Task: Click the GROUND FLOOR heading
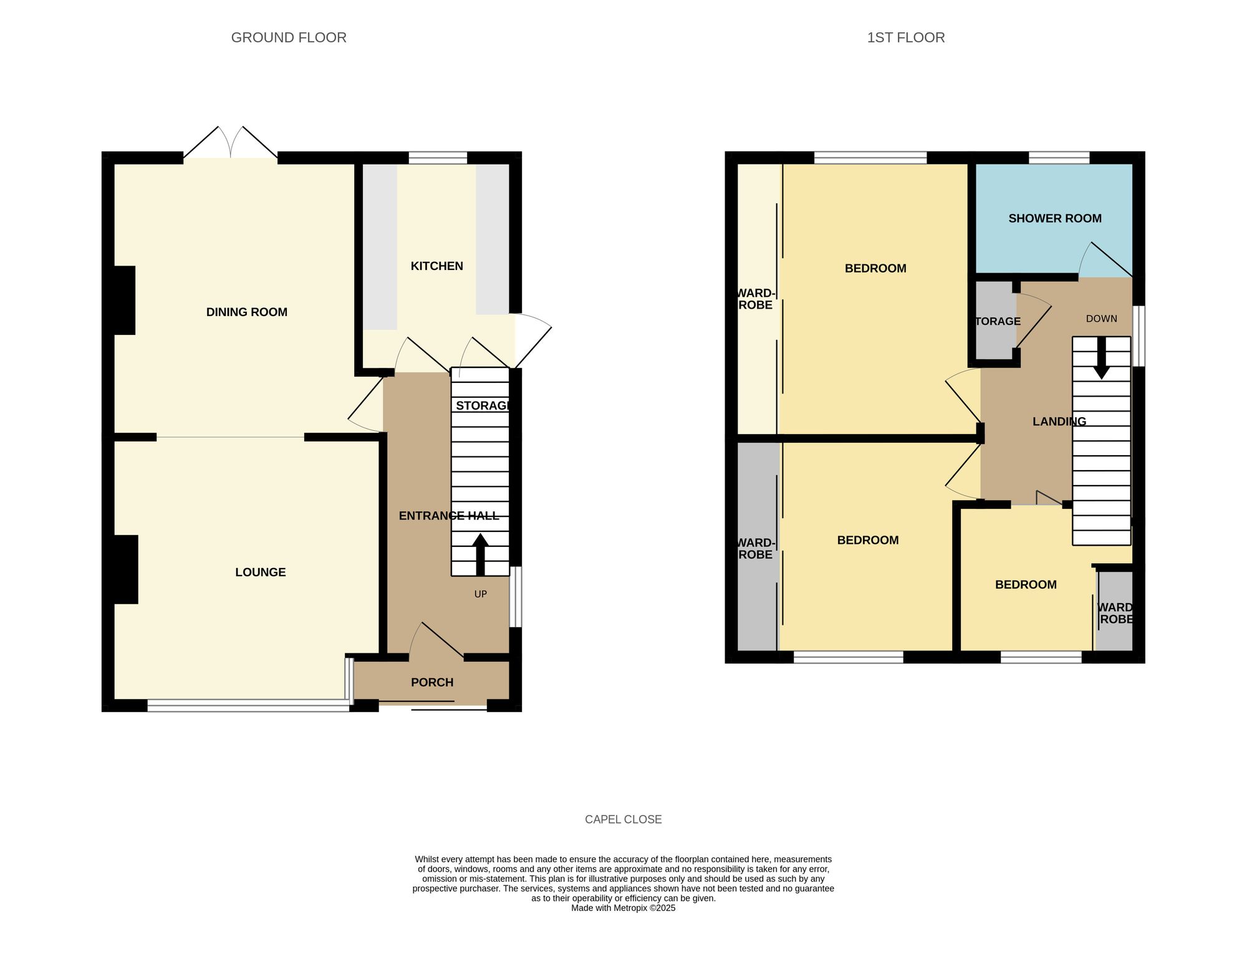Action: tap(289, 37)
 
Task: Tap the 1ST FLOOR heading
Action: tap(905, 37)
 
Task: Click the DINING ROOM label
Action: tap(247, 312)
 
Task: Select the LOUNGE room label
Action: tap(260, 572)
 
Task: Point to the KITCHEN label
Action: tap(436, 266)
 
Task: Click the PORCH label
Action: tap(431, 682)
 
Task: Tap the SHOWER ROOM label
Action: tap(1054, 218)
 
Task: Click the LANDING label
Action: tap(1059, 422)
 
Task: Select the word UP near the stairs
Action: tap(480, 594)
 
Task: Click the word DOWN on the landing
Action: tap(1101, 319)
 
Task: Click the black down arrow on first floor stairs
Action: tap(1101, 359)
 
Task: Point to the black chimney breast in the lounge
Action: tap(125, 569)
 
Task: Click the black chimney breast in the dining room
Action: tap(124, 300)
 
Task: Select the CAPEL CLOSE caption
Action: tap(623, 819)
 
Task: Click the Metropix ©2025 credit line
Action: tap(623, 908)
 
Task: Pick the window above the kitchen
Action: tap(438, 157)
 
